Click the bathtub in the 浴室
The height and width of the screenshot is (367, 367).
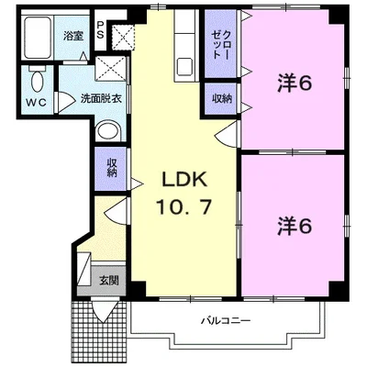(x=38, y=38)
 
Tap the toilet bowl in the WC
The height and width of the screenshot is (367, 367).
(x=38, y=80)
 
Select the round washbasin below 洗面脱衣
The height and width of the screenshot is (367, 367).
(x=108, y=132)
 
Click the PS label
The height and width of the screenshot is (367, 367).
(x=100, y=29)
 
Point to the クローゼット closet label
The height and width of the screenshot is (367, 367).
(x=221, y=44)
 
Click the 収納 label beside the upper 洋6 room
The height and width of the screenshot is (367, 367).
(x=222, y=98)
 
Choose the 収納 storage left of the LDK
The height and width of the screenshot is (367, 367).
(x=112, y=168)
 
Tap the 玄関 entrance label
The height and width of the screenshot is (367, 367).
(x=109, y=280)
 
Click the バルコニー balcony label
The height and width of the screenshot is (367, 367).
(x=226, y=321)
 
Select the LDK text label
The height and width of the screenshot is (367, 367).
(x=184, y=180)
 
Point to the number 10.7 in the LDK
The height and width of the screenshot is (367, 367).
(x=183, y=206)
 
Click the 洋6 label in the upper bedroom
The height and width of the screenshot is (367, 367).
(x=295, y=83)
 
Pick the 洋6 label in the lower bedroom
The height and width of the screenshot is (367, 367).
(x=295, y=226)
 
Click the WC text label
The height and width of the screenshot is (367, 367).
(x=36, y=103)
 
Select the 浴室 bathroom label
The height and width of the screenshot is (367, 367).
(x=72, y=36)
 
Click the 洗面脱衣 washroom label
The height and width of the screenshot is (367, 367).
(x=101, y=99)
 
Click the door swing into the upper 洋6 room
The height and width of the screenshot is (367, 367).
(x=227, y=134)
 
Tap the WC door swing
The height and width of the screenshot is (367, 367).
(x=64, y=102)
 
